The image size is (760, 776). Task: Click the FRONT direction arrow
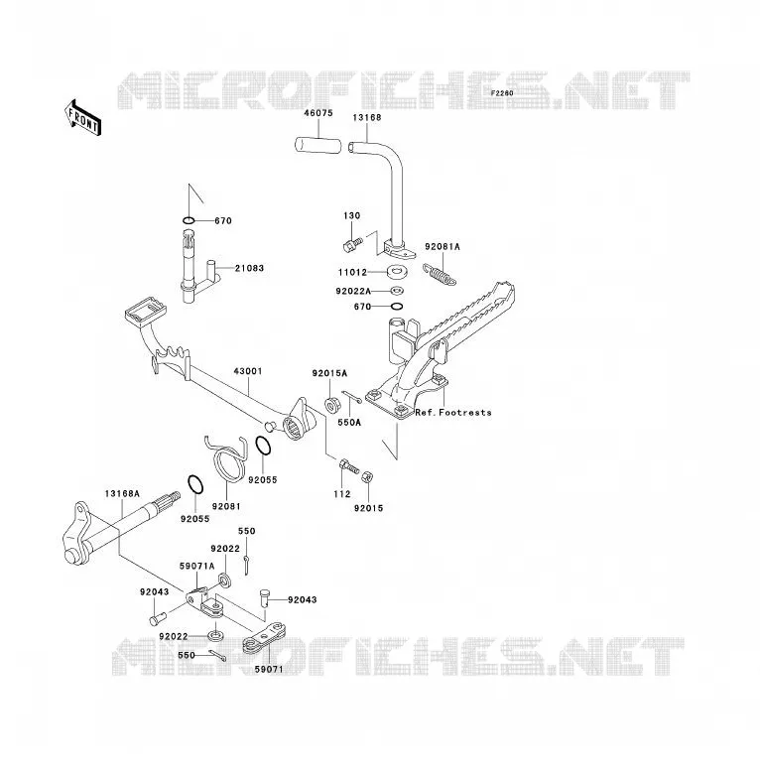point(83,118)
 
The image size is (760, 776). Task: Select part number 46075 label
point(318,113)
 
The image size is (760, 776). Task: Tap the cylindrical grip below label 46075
point(318,146)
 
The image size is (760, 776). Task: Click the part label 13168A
point(122,494)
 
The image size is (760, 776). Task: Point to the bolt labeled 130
point(352,243)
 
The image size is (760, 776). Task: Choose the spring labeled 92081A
point(440,275)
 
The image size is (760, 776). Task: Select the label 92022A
point(353,292)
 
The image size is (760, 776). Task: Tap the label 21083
point(249,268)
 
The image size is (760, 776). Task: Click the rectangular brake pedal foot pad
point(145,311)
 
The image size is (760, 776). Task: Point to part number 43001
point(248,371)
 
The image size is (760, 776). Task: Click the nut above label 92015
point(367,477)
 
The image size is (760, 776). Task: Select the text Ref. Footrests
point(453,412)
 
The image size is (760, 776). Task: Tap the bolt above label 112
point(348,466)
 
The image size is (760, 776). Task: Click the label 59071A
point(196,567)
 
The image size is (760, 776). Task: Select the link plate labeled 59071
point(264,639)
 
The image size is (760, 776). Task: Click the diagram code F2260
point(502,93)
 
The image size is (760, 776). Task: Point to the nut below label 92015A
point(331,405)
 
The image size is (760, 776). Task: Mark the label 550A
point(349,423)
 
